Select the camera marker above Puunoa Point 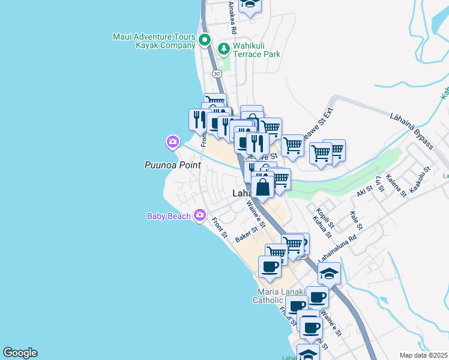(172, 142)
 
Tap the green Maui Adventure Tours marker (204, 41)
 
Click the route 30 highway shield (217, 73)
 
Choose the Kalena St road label (396, 185)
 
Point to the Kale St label (356, 220)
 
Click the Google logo (20, 353)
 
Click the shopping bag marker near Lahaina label (263, 186)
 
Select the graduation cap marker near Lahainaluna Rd (329, 273)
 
